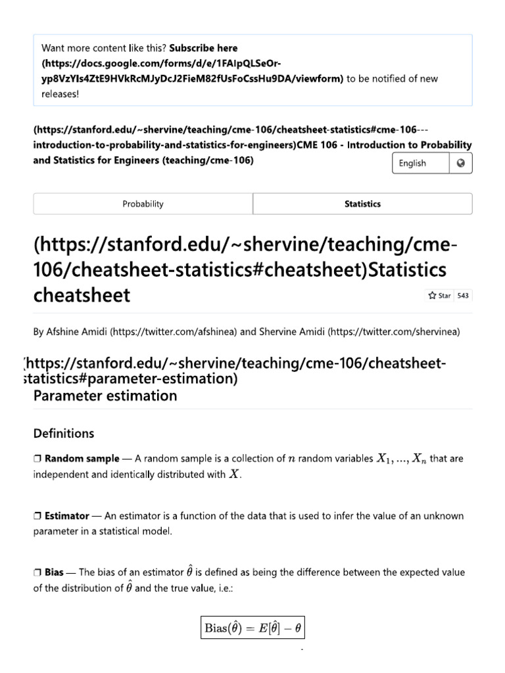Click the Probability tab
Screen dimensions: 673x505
[x=143, y=204]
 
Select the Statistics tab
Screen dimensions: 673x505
[x=362, y=204]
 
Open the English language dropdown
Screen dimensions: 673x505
[x=421, y=163]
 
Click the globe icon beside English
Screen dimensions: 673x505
[x=460, y=163]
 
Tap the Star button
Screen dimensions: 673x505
[x=439, y=296]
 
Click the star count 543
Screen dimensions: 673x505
[x=463, y=296]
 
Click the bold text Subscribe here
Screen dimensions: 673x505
[x=204, y=48]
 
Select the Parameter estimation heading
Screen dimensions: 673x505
[x=105, y=396]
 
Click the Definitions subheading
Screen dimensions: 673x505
[x=64, y=433]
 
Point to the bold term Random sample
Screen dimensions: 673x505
[x=82, y=459]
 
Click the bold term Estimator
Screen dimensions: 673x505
[x=66, y=516]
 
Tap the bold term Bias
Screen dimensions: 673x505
[x=55, y=572]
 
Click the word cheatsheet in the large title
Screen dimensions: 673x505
[x=82, y=295]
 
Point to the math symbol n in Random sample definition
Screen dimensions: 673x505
[x=291, y=459]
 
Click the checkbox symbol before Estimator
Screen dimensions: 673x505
[x=37, y=516]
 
